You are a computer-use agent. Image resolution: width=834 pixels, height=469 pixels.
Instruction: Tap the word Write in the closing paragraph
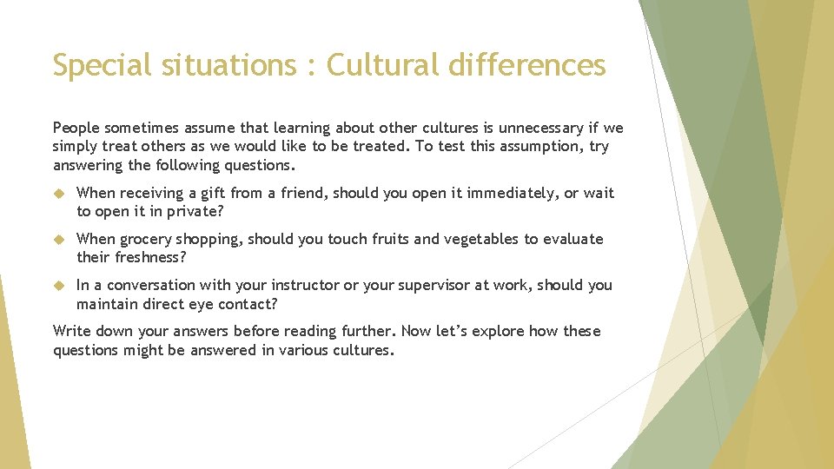pyautogui.click(x=72, y=331)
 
